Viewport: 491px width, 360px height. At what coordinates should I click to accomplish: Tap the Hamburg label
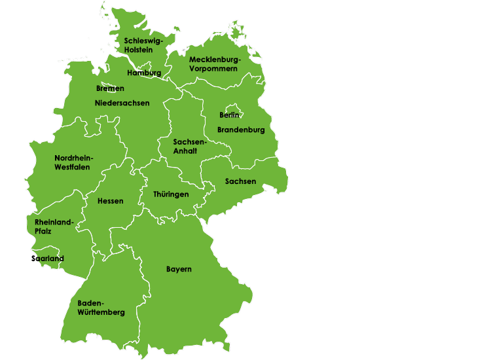[144, 73]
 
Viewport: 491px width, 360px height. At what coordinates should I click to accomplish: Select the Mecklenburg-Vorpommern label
[214, 63]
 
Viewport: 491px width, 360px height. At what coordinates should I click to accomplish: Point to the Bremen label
[110, 88]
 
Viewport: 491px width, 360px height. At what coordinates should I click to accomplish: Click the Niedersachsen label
[122, 103]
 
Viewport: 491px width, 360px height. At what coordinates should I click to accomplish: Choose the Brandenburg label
[241, 130]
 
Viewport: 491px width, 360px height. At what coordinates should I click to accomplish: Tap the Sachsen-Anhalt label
[189, 146]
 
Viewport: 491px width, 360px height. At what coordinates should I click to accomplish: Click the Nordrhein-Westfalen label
[74, 162]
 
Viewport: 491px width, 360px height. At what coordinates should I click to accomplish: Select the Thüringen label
[171, 194]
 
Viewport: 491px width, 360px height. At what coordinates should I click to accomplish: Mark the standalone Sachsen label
[240, 181]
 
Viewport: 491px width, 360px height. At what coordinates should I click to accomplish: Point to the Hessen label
[110, 201]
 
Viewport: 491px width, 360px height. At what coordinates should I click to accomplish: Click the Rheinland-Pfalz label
[54, 226]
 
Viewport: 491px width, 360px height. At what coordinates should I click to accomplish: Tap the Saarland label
[48, 259]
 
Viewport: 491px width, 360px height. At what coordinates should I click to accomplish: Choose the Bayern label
[179, 270]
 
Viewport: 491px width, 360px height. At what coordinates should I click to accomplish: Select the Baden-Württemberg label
[101, 308]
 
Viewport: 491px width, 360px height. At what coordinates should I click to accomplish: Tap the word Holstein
[139, 50]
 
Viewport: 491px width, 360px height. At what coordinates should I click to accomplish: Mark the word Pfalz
[43, 231]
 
